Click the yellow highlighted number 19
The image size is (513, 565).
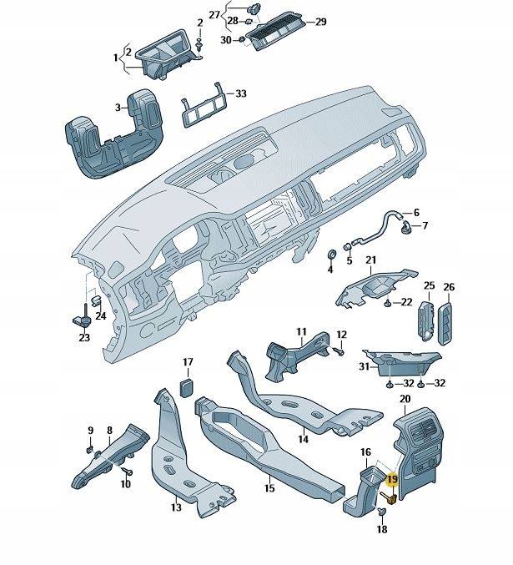[392, 480]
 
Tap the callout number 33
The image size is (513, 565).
[240, 94]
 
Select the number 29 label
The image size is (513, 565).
[321, 23]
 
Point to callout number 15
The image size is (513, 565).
[269, 487]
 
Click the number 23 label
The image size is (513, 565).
[83, 338]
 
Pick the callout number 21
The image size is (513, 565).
[370, 260]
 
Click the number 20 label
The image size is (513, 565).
[405, 399]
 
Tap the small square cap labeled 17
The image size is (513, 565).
[188, 386]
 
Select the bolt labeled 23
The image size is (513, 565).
[83, 318]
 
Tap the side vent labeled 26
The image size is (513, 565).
[448, 323]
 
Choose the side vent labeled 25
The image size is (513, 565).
[425, 321]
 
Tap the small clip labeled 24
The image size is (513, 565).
[97, 300]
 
